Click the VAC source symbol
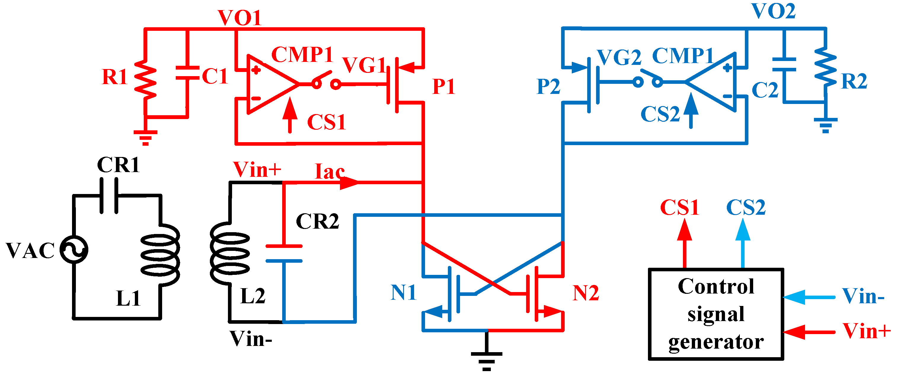tap(74, 250)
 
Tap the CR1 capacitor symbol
tap(109, 195)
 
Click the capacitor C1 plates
tap(188, 73)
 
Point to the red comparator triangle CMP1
tap(269, 84)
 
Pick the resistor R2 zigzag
tap(825, 71)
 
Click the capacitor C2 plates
tap(784, 65)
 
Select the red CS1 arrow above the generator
tap(685, 240)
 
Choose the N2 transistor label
tap(586, 293)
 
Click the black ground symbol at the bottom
tap(486, 357)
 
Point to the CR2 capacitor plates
tap(284, 254)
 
